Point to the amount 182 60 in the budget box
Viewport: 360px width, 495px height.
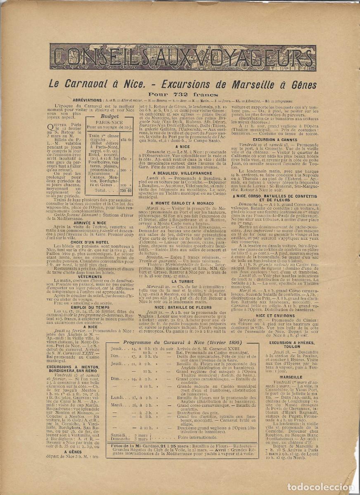pyautogui.click(x=126, y=141)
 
